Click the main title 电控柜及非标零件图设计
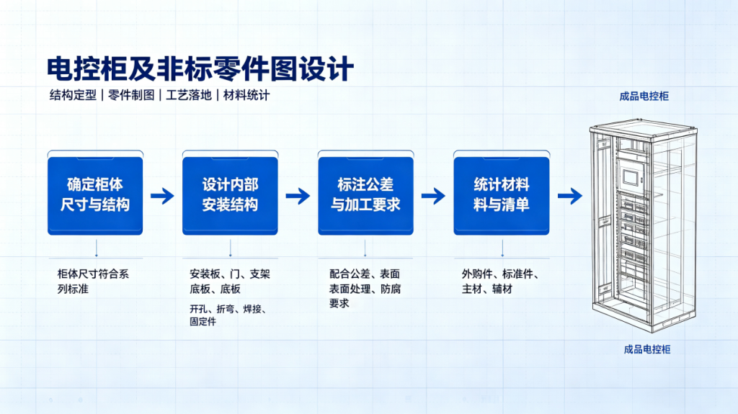coord(200,69)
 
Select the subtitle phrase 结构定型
coord(73,95)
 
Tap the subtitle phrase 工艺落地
coord(189,95)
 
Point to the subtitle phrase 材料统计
coord(246,95)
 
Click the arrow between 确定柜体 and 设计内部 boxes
coord(162,196)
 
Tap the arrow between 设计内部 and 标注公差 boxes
coord(298,196)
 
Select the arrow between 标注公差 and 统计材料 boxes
coord(433,196)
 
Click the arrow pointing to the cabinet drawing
coord(570,196)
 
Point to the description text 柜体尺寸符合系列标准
coord(93,282)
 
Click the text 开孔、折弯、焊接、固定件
coord(228,315)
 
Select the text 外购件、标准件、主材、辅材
coord(500,282)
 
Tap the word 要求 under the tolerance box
coord(339,303)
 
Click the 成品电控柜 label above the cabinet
coord(644,96)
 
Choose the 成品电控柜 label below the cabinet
coord(647,349)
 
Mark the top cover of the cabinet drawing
coord(644,127)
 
